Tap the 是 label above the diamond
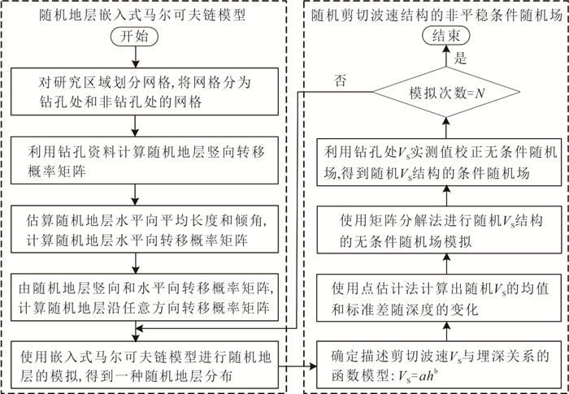(460, 59)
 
